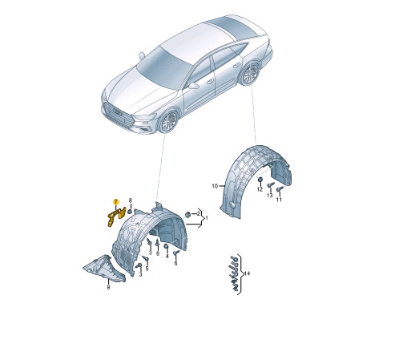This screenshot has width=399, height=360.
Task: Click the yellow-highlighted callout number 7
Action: [115, 202]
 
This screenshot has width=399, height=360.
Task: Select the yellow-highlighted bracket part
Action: [116, 216]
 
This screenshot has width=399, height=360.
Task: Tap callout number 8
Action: [131, 200]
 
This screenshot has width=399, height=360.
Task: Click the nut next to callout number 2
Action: [187, 214]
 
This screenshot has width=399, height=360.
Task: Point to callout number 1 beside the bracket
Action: [206, 218]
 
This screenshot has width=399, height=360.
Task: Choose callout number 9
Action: [108, 287]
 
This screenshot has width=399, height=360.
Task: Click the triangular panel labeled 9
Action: [104, 269]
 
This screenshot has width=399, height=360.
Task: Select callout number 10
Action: [215, 186]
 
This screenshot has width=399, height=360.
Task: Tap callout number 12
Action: [260, 189]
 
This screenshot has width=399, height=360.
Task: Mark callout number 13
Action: [270, 196]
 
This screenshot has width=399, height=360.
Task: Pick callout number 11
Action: [279, 200]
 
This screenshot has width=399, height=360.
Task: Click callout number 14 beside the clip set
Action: [247, 273]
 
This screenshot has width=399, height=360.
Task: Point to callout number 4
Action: [167, 256]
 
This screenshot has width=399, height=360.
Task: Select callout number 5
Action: [147, 269]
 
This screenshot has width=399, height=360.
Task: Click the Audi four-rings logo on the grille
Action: [118, 111]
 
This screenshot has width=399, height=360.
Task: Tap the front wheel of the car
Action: [168, 121]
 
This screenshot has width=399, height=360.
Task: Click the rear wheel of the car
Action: [250, 74]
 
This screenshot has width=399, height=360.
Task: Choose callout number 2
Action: [198, 213]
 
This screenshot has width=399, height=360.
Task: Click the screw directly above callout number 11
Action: [280, 189]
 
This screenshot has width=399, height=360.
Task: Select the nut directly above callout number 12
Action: [260, 180]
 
